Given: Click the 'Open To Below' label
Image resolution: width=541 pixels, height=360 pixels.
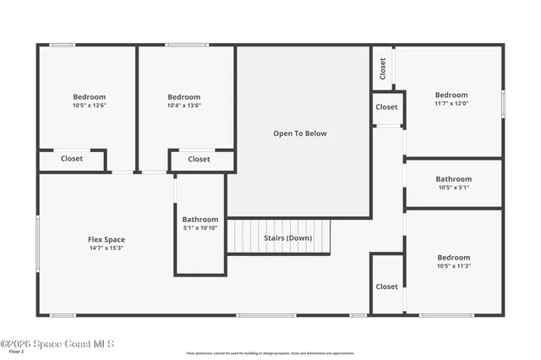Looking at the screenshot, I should point(299,134).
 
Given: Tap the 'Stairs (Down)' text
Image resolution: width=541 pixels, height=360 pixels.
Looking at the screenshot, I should point(287,237).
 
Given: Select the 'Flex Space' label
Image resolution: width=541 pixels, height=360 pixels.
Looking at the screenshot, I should point(107,240).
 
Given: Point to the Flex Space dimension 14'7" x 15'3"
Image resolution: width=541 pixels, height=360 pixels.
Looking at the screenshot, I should point(107,249).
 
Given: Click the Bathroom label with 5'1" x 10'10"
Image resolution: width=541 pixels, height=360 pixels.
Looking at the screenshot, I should point(200,220).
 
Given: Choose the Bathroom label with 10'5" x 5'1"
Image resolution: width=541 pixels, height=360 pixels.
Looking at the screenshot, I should point(453,179).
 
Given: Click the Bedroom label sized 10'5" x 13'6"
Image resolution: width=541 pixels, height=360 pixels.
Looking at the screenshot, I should point(89,97).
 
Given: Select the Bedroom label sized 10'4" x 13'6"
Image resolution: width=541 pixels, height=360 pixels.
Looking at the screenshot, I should point(183,97).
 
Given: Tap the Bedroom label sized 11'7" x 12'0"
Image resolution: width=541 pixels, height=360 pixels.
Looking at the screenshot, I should point(451,95).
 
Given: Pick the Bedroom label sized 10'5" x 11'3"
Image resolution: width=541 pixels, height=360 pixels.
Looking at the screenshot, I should point(453,258).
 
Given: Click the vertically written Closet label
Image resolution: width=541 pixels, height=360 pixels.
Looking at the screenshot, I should point(383,67).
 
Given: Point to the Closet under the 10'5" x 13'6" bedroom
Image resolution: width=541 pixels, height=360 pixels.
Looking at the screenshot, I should point(72,158).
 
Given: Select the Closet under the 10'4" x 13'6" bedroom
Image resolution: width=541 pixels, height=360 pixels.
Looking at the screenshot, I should point(199,159).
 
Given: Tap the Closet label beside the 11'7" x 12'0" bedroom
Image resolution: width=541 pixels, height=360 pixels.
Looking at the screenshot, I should point(386,107).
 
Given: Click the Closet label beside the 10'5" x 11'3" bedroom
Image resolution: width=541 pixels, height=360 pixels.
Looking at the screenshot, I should point(386,286).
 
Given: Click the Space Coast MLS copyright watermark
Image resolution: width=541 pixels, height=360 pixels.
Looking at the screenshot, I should point(57,343).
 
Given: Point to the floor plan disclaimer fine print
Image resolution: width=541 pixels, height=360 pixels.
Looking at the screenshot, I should point(270,353).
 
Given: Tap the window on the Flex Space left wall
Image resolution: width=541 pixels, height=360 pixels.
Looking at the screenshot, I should point(37,243).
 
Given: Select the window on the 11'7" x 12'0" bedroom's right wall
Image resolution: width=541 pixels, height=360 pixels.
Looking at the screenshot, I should point(503,102).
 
